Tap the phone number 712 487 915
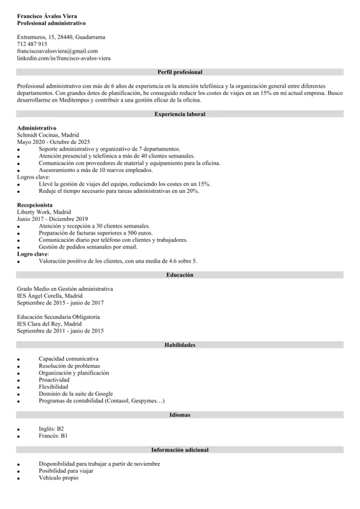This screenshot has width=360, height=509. (x=32, y=44)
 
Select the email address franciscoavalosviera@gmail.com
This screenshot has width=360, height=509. (x=57, y=51)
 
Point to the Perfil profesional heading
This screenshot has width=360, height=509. (x=180, y=72)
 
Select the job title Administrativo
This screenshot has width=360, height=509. (x=37, y=127)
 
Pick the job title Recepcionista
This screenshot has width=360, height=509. (x=35, y=205)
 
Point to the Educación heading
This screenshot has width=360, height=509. (x=180, y=275)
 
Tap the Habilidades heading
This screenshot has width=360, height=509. (x=180, y=345)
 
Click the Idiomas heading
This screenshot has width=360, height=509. (x=180, y=415)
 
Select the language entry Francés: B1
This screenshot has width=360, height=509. (x=53, y=436)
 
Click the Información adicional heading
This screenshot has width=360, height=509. (x=180, y=449)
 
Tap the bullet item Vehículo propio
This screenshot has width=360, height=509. (x=58, y=477)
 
